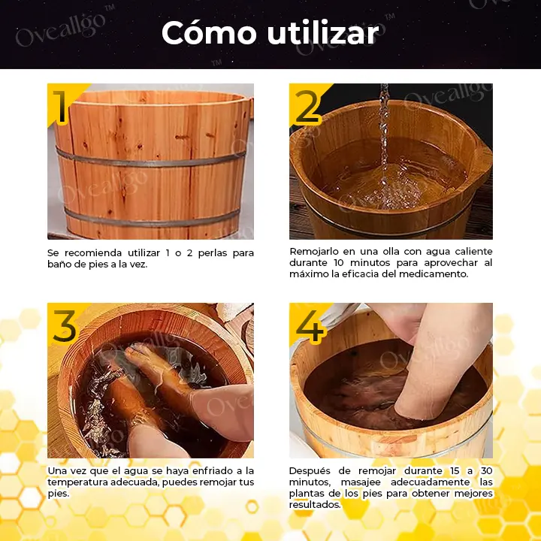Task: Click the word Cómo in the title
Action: (209, 32)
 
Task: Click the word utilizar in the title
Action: (322, 33)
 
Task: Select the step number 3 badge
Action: (65, 326)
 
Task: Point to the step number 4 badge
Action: (310, 326)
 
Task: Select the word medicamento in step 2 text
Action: (433, 274)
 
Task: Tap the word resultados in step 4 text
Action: (315, 505)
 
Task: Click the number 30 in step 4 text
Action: (486, 471)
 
